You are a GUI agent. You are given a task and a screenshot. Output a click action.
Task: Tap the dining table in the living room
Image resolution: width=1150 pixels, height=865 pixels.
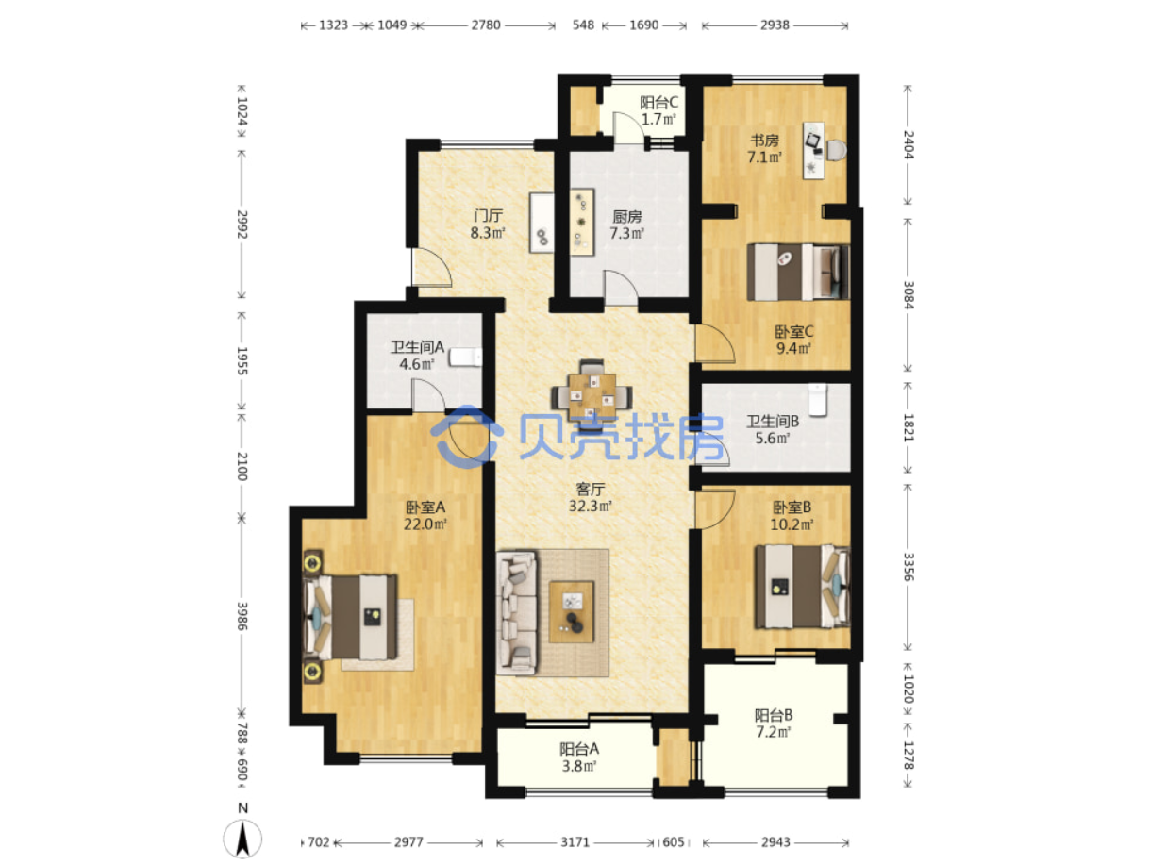[x=592, y=397]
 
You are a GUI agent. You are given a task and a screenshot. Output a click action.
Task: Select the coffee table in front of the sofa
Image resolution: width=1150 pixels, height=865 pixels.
[x=571, y=611]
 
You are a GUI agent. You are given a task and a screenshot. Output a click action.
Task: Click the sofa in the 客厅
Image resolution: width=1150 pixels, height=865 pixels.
[x=517, y=611]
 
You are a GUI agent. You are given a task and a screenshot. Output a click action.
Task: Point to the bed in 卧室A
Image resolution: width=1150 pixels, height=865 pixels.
[x=349, y=617]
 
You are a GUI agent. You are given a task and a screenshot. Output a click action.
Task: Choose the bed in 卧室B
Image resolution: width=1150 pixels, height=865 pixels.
[x=802, y=587]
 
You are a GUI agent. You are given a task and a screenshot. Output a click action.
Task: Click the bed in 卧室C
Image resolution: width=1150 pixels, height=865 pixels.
[x=798, y=272]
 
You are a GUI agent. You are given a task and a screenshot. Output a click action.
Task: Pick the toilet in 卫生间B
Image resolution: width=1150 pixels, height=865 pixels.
[x=817, y=400]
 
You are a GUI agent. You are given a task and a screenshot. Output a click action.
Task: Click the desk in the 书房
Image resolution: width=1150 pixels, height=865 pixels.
[x=813, y=151]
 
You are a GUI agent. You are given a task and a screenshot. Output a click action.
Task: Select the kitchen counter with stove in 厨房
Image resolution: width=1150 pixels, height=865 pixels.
[x=582, y=222]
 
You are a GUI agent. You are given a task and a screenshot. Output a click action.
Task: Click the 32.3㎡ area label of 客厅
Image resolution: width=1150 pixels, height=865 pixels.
[x=591, y=506]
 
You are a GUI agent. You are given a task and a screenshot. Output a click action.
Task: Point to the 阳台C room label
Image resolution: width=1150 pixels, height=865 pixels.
[x=658, y=102]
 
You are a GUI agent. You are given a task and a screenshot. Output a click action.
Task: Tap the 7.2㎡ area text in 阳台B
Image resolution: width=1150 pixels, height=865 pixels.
[x=774, y=731]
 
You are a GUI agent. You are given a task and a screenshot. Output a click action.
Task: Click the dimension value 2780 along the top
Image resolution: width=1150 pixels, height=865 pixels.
[x=486, y=25]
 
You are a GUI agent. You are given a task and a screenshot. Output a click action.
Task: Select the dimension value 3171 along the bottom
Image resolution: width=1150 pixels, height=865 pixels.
[x=575, y=842]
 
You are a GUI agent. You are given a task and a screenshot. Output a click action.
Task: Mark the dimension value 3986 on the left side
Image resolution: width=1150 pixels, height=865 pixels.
[x=242, y=616]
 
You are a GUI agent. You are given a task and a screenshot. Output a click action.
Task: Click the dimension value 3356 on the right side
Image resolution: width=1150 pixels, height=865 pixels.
[x=908, y=567]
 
